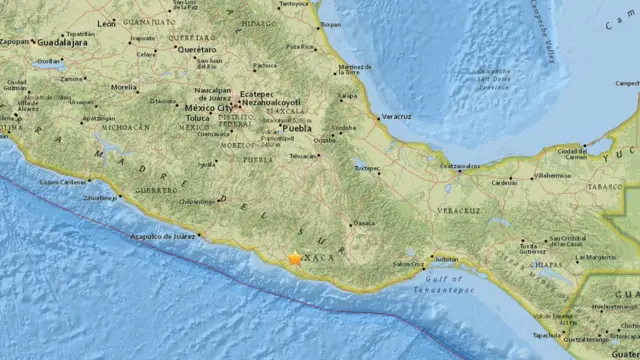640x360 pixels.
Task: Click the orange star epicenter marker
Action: point(294,258)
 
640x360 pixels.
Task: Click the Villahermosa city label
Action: point(552,174)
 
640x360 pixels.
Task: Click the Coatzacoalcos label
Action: point(461,165)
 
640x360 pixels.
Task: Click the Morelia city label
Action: point(124,87)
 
